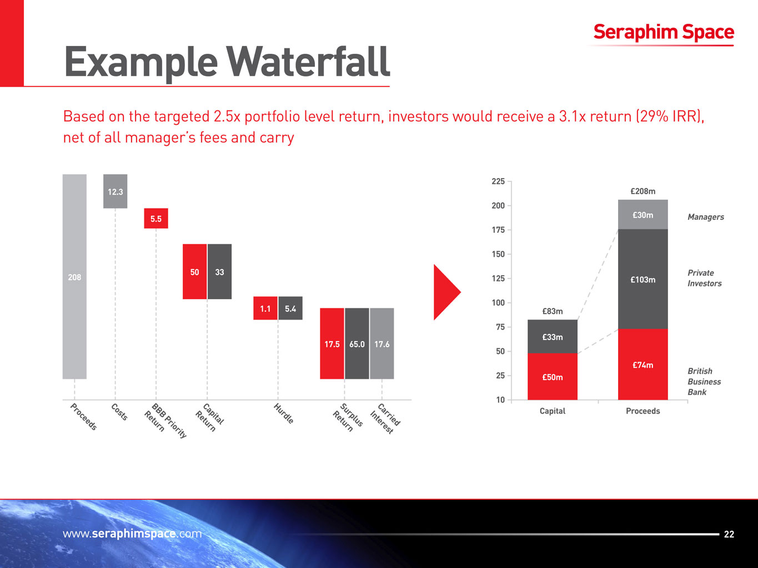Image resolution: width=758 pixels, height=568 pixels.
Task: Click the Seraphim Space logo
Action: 663,33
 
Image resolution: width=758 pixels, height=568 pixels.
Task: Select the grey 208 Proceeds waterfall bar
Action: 74,277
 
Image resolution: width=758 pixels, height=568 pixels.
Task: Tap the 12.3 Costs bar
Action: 115,191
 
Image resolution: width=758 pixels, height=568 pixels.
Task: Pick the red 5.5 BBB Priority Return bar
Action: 156,219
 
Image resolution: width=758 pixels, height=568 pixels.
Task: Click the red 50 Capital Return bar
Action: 194,272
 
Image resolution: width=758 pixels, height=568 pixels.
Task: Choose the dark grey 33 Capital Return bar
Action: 219,272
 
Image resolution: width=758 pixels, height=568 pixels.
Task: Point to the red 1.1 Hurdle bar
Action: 265,308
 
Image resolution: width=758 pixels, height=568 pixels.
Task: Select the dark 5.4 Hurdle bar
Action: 290,308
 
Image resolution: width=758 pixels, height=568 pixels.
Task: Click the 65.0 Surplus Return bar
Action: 357,344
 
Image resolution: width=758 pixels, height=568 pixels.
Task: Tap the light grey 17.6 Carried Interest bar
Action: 382,344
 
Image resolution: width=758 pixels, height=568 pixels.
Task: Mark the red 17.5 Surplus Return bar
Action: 332,344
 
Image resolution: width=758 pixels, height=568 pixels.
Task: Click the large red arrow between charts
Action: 446,292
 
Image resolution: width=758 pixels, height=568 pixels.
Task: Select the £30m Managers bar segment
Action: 642,215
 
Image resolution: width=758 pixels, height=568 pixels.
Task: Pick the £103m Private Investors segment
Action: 642,279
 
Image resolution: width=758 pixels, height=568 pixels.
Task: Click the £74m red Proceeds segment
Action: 642,364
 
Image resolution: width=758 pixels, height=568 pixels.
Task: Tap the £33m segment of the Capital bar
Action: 553,337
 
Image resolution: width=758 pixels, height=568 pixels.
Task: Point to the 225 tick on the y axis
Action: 498,181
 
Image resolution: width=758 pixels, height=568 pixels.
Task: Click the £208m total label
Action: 642,191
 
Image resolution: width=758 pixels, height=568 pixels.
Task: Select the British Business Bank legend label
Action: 704,382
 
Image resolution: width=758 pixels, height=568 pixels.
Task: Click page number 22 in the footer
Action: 729,534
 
